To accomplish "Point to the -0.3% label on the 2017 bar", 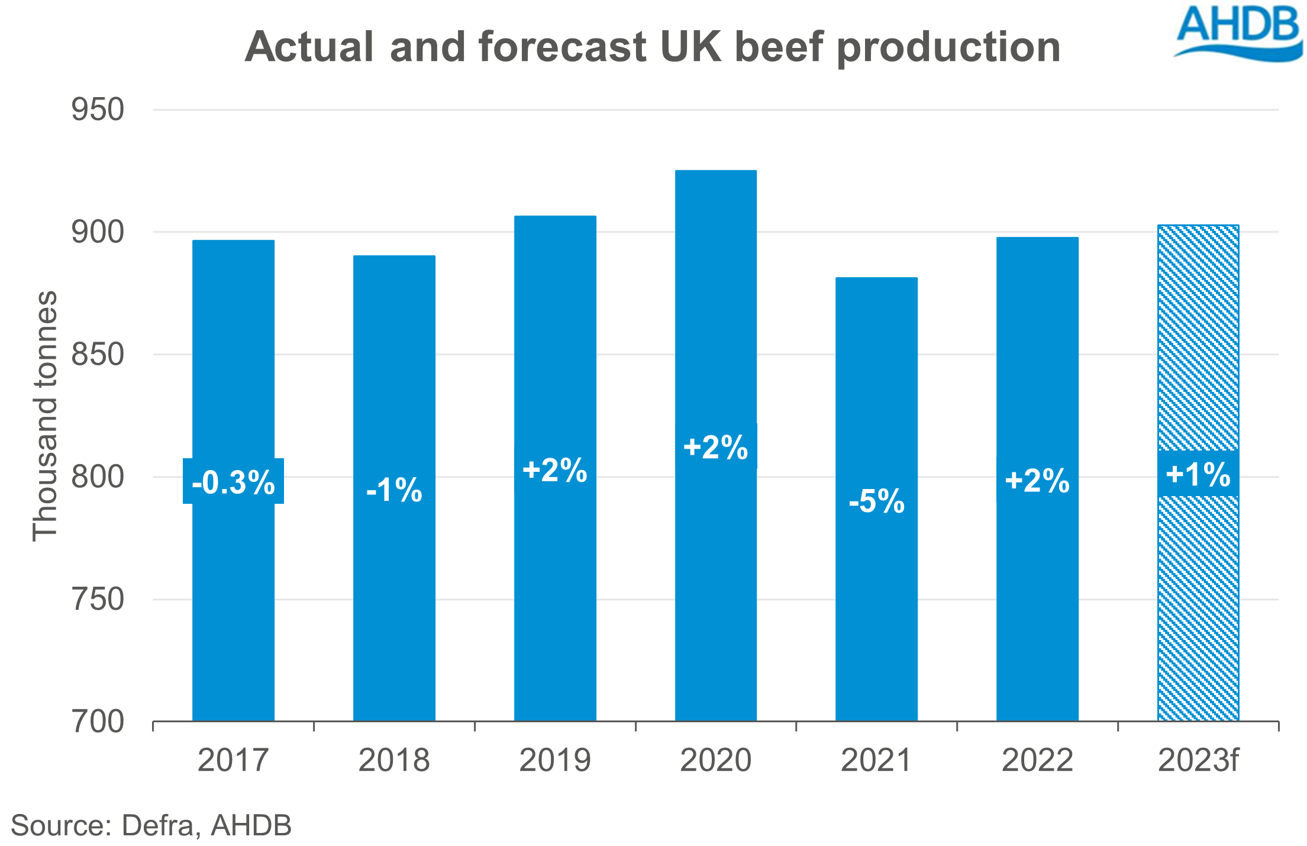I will point(233,482).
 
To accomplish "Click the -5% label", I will point(876,501).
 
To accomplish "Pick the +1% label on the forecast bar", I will point(1198,474).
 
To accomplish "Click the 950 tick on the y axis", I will point(98,110).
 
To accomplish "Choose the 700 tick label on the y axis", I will point(98,722).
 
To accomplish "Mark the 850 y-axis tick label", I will point(98,355).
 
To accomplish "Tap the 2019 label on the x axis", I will point(554,760).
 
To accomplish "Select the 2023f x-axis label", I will point(1198,760).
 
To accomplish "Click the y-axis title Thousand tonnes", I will point(45,416).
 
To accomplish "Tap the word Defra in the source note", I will point(157,825).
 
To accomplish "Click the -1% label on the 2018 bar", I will point(394,490).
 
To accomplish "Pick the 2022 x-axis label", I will point(1037,760).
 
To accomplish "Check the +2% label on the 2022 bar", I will point(1037,480).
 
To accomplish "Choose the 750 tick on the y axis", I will point(98,599).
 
